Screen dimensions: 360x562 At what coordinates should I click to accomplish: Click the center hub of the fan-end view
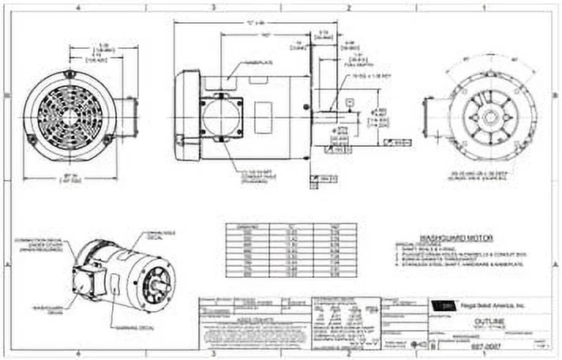(x=69, y=115)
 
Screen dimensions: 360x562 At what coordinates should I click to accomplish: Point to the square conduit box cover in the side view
(x=222, y=117)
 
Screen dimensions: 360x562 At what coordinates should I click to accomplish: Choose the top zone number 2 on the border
(x=349, y=6)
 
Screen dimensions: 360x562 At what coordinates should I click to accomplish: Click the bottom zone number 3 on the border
(x=213, y=355)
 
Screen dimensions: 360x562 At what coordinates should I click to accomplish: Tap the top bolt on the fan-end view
(x=69, y=75)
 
